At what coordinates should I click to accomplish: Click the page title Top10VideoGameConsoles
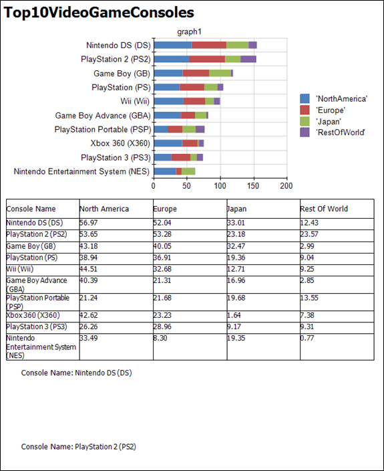(99, 13)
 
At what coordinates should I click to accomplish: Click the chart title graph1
(189, 31)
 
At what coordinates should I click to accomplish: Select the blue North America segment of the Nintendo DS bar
(173, 45)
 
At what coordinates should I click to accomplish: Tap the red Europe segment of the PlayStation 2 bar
(207, 59)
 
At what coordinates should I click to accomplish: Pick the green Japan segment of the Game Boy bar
(220, 73)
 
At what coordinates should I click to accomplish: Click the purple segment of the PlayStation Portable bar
(200, 130)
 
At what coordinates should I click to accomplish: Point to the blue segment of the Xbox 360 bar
(168, 143)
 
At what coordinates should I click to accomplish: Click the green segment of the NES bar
(188, 171)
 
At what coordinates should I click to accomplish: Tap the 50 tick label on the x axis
(186, 186)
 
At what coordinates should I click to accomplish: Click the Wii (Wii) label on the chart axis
(135, 101)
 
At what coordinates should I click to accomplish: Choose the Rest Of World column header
(324, 209)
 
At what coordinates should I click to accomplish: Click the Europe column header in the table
(165, 209)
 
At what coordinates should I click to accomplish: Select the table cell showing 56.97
(88, 223)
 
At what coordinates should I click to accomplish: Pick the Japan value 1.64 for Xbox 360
(234, 315)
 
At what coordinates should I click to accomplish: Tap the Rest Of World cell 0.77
(307, 339)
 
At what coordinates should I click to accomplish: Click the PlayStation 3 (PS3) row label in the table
(37, 326)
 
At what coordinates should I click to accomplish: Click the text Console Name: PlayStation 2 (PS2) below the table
(79, 447)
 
